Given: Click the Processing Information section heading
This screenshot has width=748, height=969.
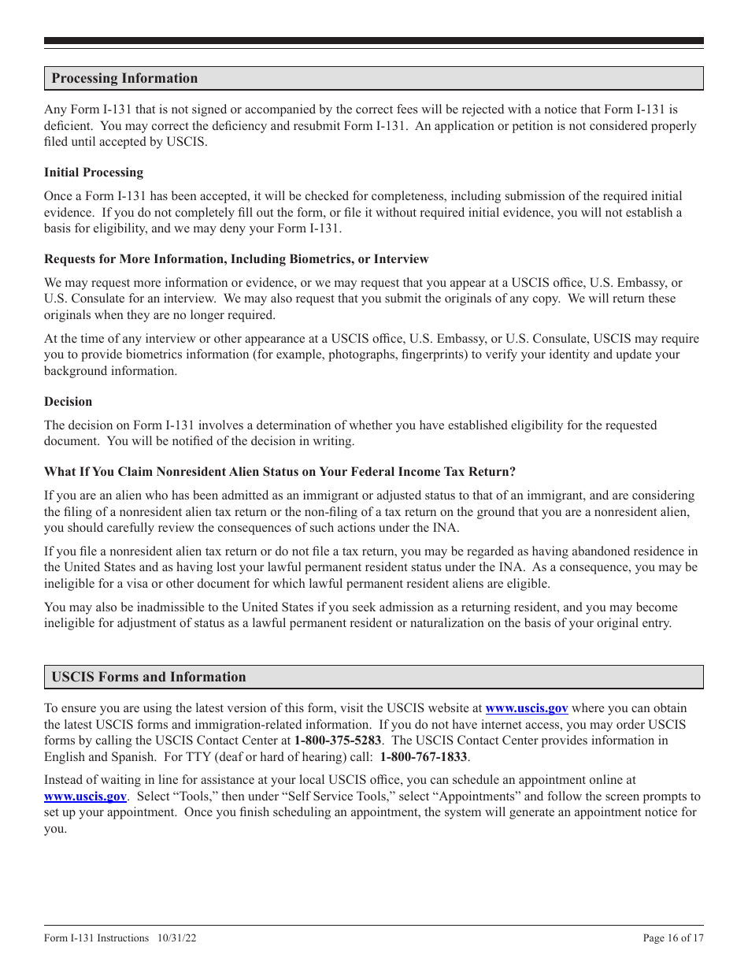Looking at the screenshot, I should click(124, 78).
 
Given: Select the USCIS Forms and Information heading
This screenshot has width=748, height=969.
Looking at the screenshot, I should click(148, 677).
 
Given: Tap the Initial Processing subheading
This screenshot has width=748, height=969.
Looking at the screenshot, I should click(94, 173).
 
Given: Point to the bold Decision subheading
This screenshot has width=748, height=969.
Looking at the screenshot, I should click(68, 401).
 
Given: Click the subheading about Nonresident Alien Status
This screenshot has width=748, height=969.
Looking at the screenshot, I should click(280, 472).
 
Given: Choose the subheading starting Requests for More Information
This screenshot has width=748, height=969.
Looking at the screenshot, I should click(236, 259).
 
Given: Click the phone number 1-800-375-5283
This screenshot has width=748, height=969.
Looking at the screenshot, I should click(338, 741).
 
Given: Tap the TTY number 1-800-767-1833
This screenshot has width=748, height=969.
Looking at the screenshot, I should click(424, 757).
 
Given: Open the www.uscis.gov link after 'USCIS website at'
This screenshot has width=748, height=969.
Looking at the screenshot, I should click(526, 708).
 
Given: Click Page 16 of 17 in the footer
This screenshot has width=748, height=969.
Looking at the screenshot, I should click(673, 937).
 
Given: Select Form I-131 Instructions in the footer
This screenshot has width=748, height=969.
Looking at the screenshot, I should click(96, 937).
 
